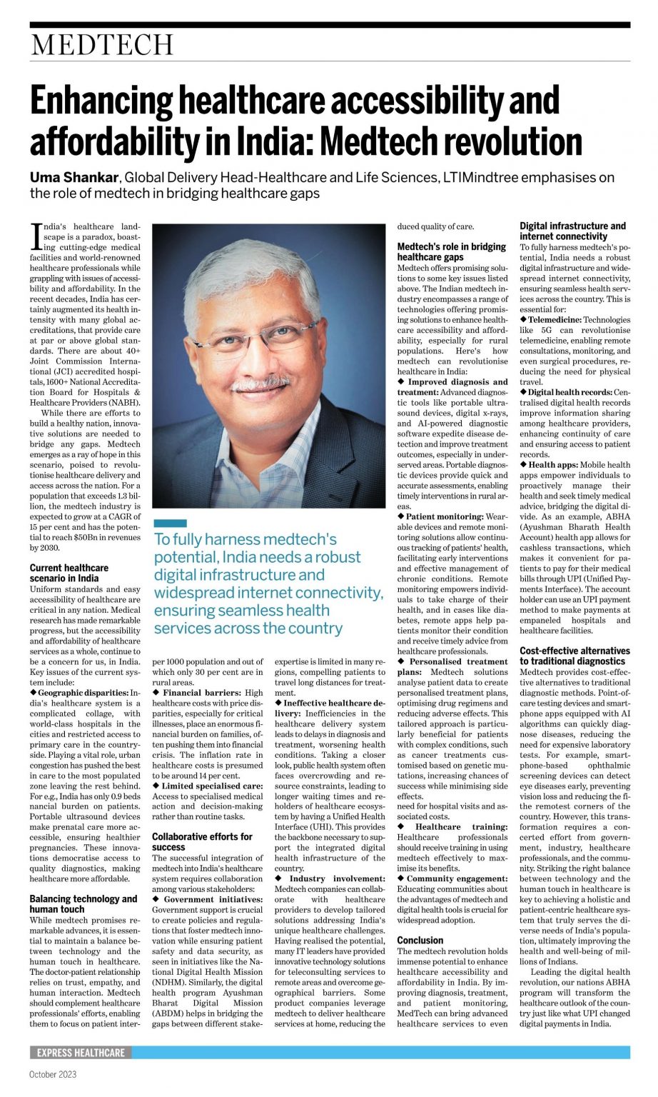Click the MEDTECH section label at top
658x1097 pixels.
[102, 46]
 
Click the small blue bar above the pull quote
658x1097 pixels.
[170, 524]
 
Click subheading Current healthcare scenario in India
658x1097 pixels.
[69, 573]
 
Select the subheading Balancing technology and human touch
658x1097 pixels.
[83, 903]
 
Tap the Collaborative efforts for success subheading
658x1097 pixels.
[202, 841]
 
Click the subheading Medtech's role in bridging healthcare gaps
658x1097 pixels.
[451, 251]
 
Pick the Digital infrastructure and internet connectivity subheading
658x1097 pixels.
[572, 231]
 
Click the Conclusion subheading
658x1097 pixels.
[420, 940]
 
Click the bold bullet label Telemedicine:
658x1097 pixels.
[555, 320]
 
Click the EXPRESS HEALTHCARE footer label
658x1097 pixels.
[81, 1053]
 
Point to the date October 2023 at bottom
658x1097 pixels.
[53, 1074]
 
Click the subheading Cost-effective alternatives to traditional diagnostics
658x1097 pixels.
[575, 656]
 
